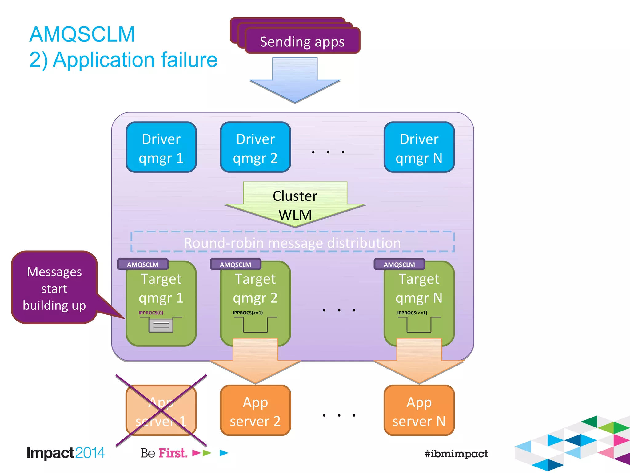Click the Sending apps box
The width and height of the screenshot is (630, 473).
click(x=302, y=41)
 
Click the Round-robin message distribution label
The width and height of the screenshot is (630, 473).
click(x=292, y=243)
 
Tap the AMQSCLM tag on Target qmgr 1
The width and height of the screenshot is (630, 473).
click(x=143, y=265)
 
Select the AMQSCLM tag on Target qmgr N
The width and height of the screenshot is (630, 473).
click(x=399, y=265)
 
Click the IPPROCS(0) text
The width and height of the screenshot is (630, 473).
click(x=151, y=313)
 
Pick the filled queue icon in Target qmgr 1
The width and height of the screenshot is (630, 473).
click(x=161, y=325)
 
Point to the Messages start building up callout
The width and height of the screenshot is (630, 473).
click(x=54, y=288)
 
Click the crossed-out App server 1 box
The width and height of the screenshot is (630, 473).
click(x=161, y=411)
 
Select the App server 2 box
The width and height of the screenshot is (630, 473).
click(x=255, y=411)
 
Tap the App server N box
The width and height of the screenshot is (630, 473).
click(x=419, y=411)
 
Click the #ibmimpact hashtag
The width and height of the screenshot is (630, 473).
click(x=456, y=453)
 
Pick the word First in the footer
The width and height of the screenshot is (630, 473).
click(x=173, y=453)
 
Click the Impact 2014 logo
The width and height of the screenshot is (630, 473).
click(x=66, y=453)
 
